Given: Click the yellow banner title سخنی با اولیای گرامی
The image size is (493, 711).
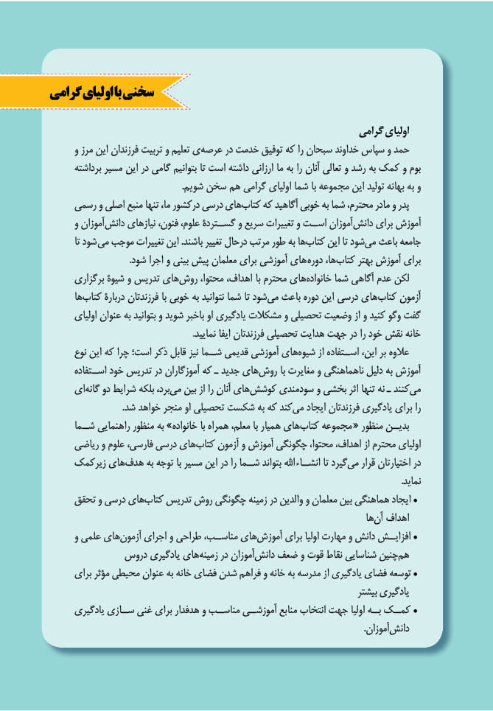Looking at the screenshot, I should coord(103,93).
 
